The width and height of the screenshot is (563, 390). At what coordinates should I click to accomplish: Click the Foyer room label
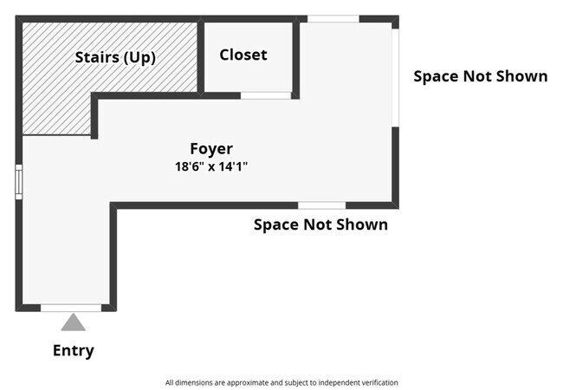point(211,148)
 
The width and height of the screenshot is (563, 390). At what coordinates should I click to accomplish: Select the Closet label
point(243,55)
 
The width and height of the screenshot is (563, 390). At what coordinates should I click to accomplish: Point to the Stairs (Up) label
point(115,57)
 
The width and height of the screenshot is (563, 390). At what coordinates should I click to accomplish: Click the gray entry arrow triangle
point(73,322)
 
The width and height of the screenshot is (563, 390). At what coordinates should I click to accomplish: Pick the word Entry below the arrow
point(73,350)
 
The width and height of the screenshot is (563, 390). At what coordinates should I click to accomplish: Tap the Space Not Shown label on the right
point(480,76)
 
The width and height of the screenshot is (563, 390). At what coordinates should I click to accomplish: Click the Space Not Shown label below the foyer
point(320,224)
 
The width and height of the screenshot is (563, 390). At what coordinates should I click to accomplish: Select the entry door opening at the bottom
point(71,308)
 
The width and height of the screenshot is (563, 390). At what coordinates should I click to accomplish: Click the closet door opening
point(265,95)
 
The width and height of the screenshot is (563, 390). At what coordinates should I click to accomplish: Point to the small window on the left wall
point(18,182)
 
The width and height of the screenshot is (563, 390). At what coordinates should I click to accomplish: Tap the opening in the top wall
point(333,18)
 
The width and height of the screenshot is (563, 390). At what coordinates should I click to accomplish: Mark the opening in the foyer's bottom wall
point(322,205)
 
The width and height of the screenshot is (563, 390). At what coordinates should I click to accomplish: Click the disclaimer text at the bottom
point(281,381)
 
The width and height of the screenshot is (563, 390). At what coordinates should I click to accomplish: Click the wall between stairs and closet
point(200,56)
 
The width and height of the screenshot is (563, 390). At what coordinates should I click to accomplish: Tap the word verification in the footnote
point(377,381)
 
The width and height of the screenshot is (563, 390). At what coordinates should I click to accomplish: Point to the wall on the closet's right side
point(295,58)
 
